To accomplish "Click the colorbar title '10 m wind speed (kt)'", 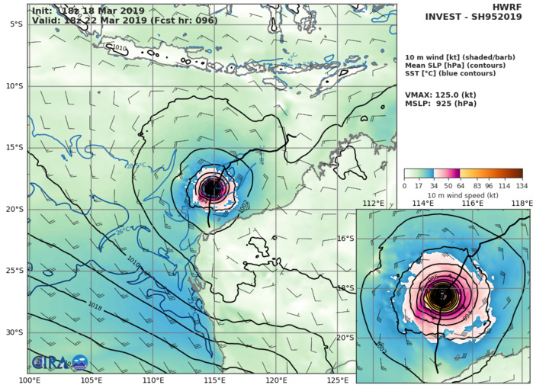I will coord(462,196).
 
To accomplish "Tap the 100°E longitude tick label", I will coord(30,379).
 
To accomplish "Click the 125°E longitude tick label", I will coord(338,379).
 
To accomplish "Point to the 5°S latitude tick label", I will coord(15,24).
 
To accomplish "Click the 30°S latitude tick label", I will coord(14,332).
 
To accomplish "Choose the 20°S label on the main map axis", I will coord(14,209).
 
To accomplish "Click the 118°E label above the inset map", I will coord(522,204).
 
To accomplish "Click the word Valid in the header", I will coord(46,20).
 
